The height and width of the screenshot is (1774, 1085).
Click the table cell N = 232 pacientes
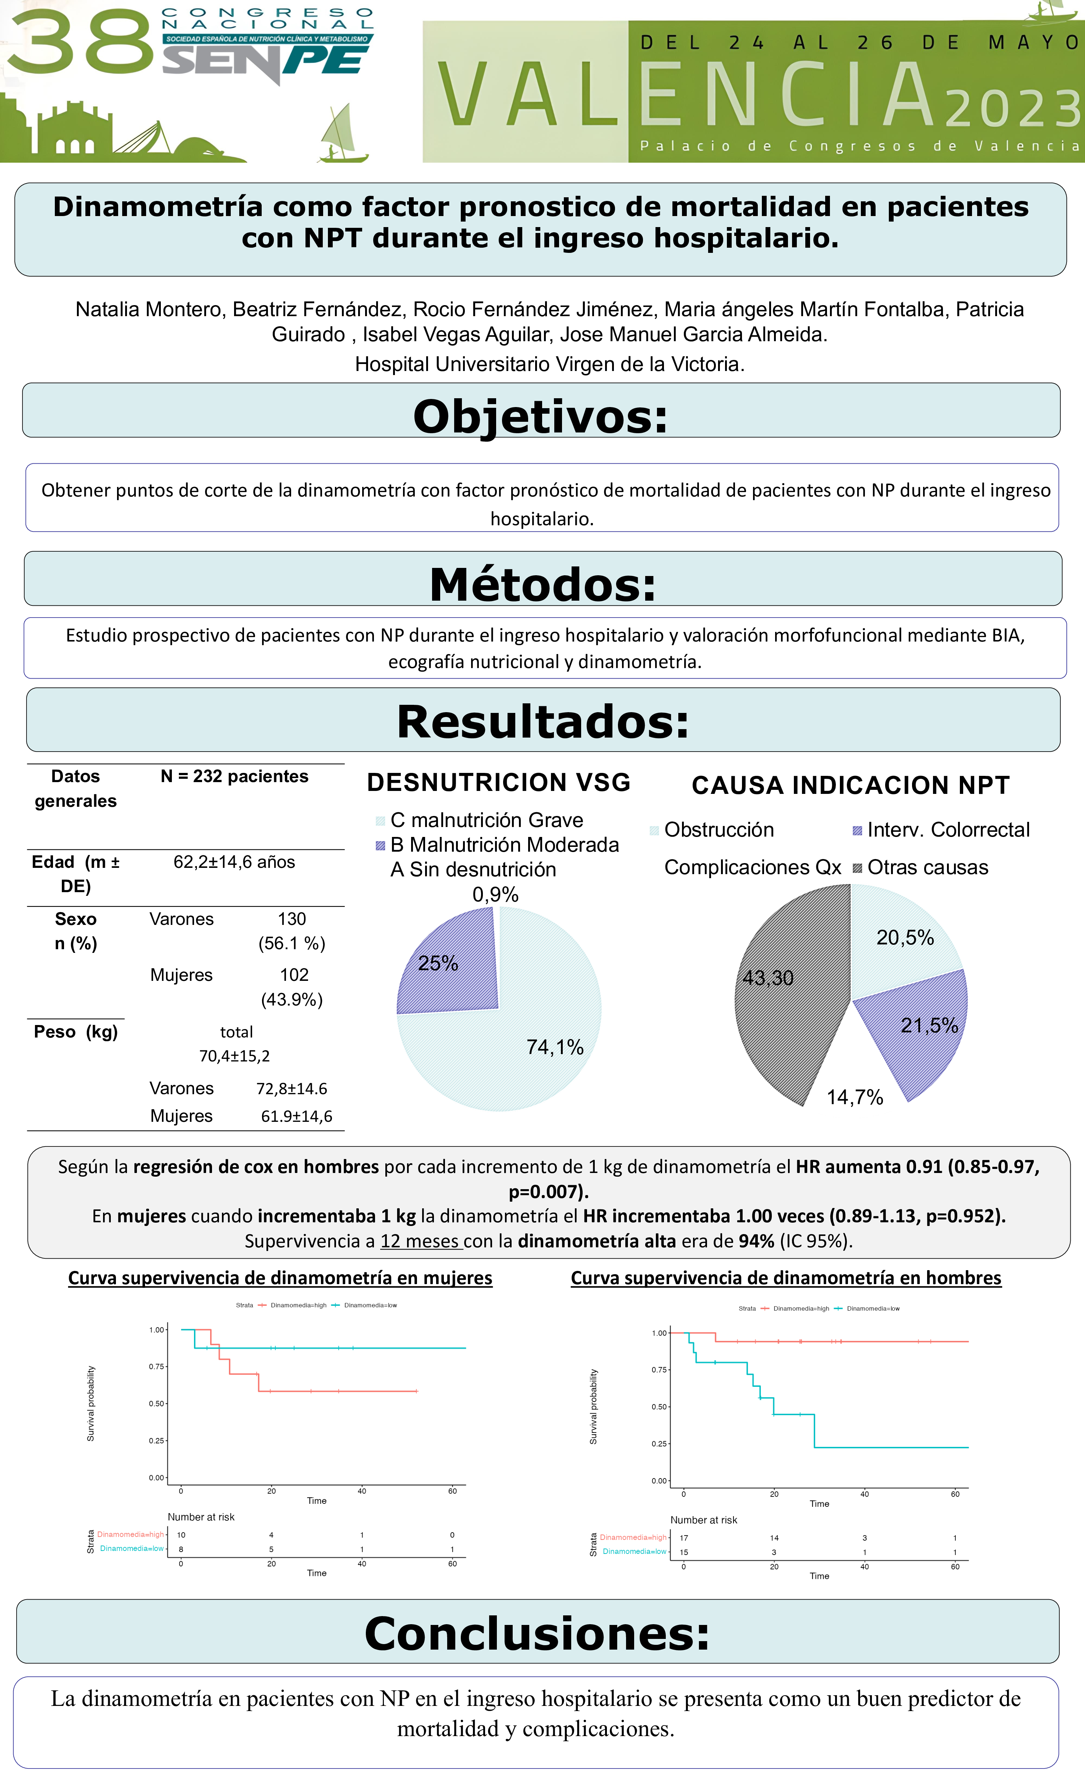coord(234,776)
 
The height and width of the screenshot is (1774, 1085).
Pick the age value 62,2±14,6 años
coord(234,862)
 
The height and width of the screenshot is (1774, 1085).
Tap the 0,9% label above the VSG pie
coord(495,894)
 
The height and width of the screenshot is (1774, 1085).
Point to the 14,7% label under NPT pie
coord(855,1097)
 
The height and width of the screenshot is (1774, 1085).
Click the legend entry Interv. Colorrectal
coord(947,830)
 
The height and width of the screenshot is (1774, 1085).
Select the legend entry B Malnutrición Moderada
coord(504,845)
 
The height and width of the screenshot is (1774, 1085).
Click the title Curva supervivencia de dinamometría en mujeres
coord(280,1278)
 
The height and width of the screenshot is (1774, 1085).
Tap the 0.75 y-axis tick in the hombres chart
coord(659,1370)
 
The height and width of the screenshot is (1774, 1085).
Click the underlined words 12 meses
coord(420,1241)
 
